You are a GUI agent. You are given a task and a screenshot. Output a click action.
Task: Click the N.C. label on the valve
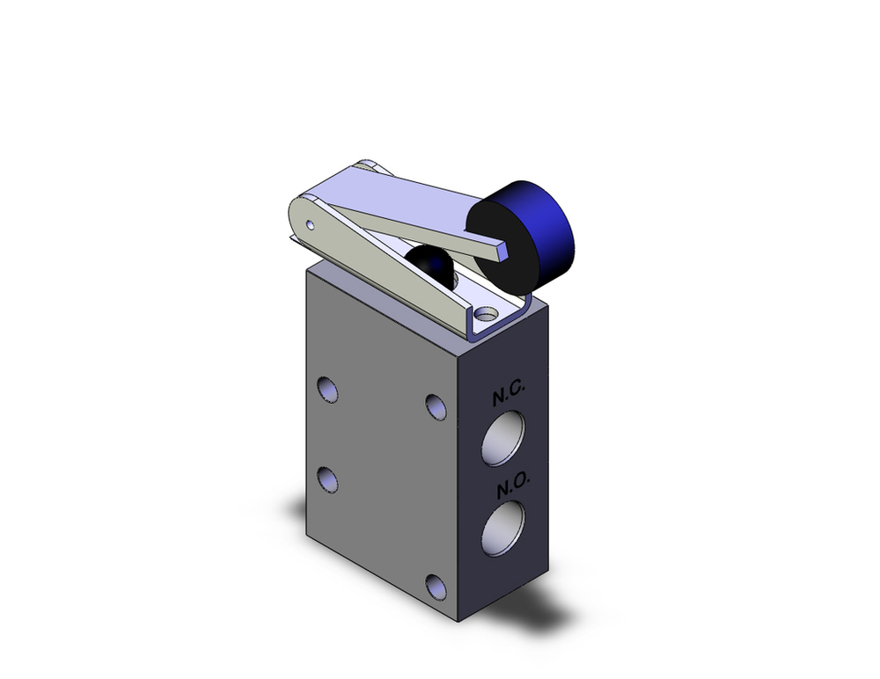pos(508,397)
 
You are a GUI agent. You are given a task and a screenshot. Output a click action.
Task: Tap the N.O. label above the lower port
pos(510,489)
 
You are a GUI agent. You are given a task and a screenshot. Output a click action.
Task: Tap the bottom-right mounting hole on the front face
pos(435,587)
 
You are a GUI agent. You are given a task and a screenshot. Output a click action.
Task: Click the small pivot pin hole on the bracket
pos(310,224)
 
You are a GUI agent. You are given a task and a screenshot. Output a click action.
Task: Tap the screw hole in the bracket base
pos(482,314)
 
